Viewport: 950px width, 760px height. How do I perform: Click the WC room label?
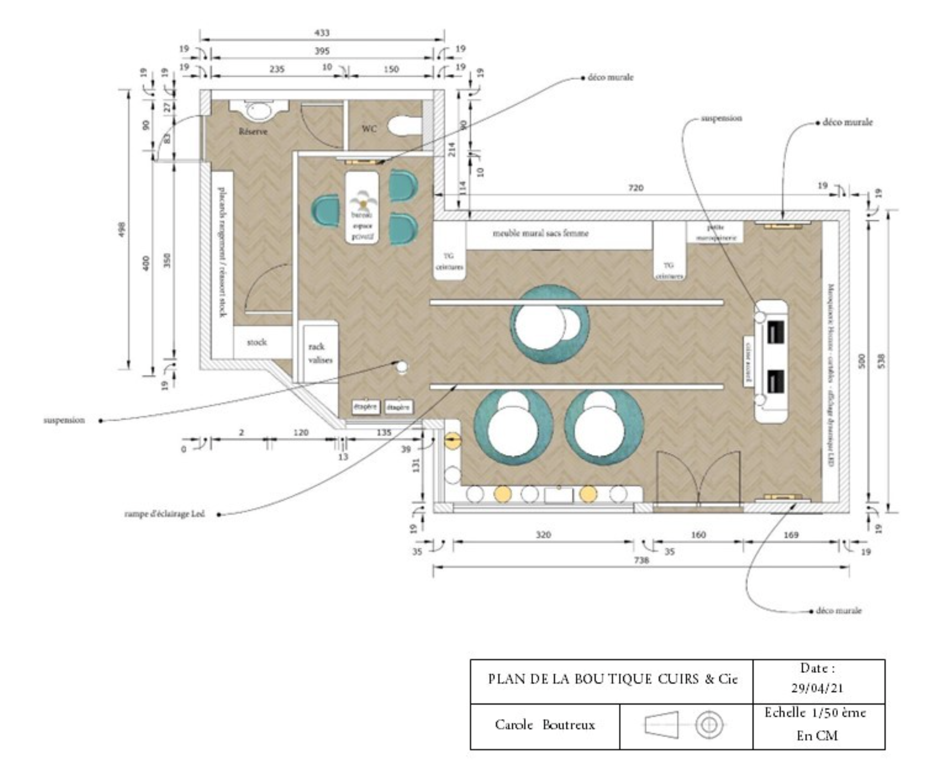tap(369, 129)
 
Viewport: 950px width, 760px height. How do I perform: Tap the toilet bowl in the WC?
tap(403, 126)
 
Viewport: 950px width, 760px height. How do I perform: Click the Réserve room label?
tap(253, 131)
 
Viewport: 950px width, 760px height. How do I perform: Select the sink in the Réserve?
tap(259, 111)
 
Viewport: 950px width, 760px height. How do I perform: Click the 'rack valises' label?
tap(320, 353)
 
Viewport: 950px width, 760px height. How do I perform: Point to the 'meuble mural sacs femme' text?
tap(540, 233)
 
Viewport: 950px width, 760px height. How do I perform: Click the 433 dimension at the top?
tap(321, 33)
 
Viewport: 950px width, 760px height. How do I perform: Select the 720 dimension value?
tap(635, 188)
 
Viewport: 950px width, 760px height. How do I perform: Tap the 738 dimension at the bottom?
tap(641, 560)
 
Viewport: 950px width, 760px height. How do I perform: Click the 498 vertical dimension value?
tap(122, 230)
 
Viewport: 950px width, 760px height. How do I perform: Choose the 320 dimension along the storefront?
tap(543, 535)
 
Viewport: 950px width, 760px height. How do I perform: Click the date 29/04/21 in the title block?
tap(817, 688)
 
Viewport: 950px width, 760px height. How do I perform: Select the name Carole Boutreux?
tap(544, 724)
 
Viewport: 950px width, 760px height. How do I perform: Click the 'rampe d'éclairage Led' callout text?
tap(164, 514)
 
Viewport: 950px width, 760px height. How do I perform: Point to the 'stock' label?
tap(256, 342)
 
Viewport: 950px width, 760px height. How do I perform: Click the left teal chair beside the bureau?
tap(326, 211)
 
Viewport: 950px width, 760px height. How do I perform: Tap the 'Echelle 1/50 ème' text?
tap(815, 713)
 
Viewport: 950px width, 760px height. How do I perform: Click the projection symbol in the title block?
tap(685, 724)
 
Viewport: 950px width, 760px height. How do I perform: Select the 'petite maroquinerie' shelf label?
tap(716, 233)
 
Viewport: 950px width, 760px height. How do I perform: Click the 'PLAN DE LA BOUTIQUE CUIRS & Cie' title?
tap(612, 679)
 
